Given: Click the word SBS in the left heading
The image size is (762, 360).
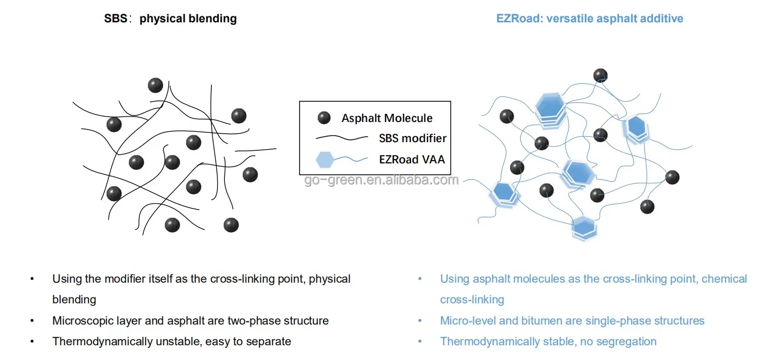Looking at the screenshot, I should [x=115, y=19].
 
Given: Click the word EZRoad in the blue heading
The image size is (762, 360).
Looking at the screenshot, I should [x=515, y=19].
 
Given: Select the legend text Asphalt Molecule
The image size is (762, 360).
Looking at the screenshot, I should [x=387, y=118].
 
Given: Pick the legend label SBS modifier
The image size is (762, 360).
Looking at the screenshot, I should [x=412, y=138].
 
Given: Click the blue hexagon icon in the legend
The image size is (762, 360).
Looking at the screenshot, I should [x=325, y=159].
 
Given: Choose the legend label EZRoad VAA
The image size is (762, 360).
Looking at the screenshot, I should [x=412, y=159].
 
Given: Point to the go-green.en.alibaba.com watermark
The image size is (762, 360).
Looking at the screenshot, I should [x=381, y=180].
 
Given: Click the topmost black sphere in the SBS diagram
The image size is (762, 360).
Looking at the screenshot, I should [x=156, y=85].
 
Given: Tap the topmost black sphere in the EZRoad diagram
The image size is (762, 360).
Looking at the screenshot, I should [x=600, y=75].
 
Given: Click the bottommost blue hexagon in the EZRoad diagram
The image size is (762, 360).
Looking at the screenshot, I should [x=583, y=228].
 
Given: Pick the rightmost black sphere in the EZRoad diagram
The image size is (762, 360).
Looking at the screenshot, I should [x=672, y=177].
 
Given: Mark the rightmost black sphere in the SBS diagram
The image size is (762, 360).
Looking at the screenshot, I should [x=249, y=174].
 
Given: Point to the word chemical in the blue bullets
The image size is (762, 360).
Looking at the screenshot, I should [x=724, y=279].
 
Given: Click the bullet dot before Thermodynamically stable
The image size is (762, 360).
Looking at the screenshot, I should [x=420, y=341].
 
